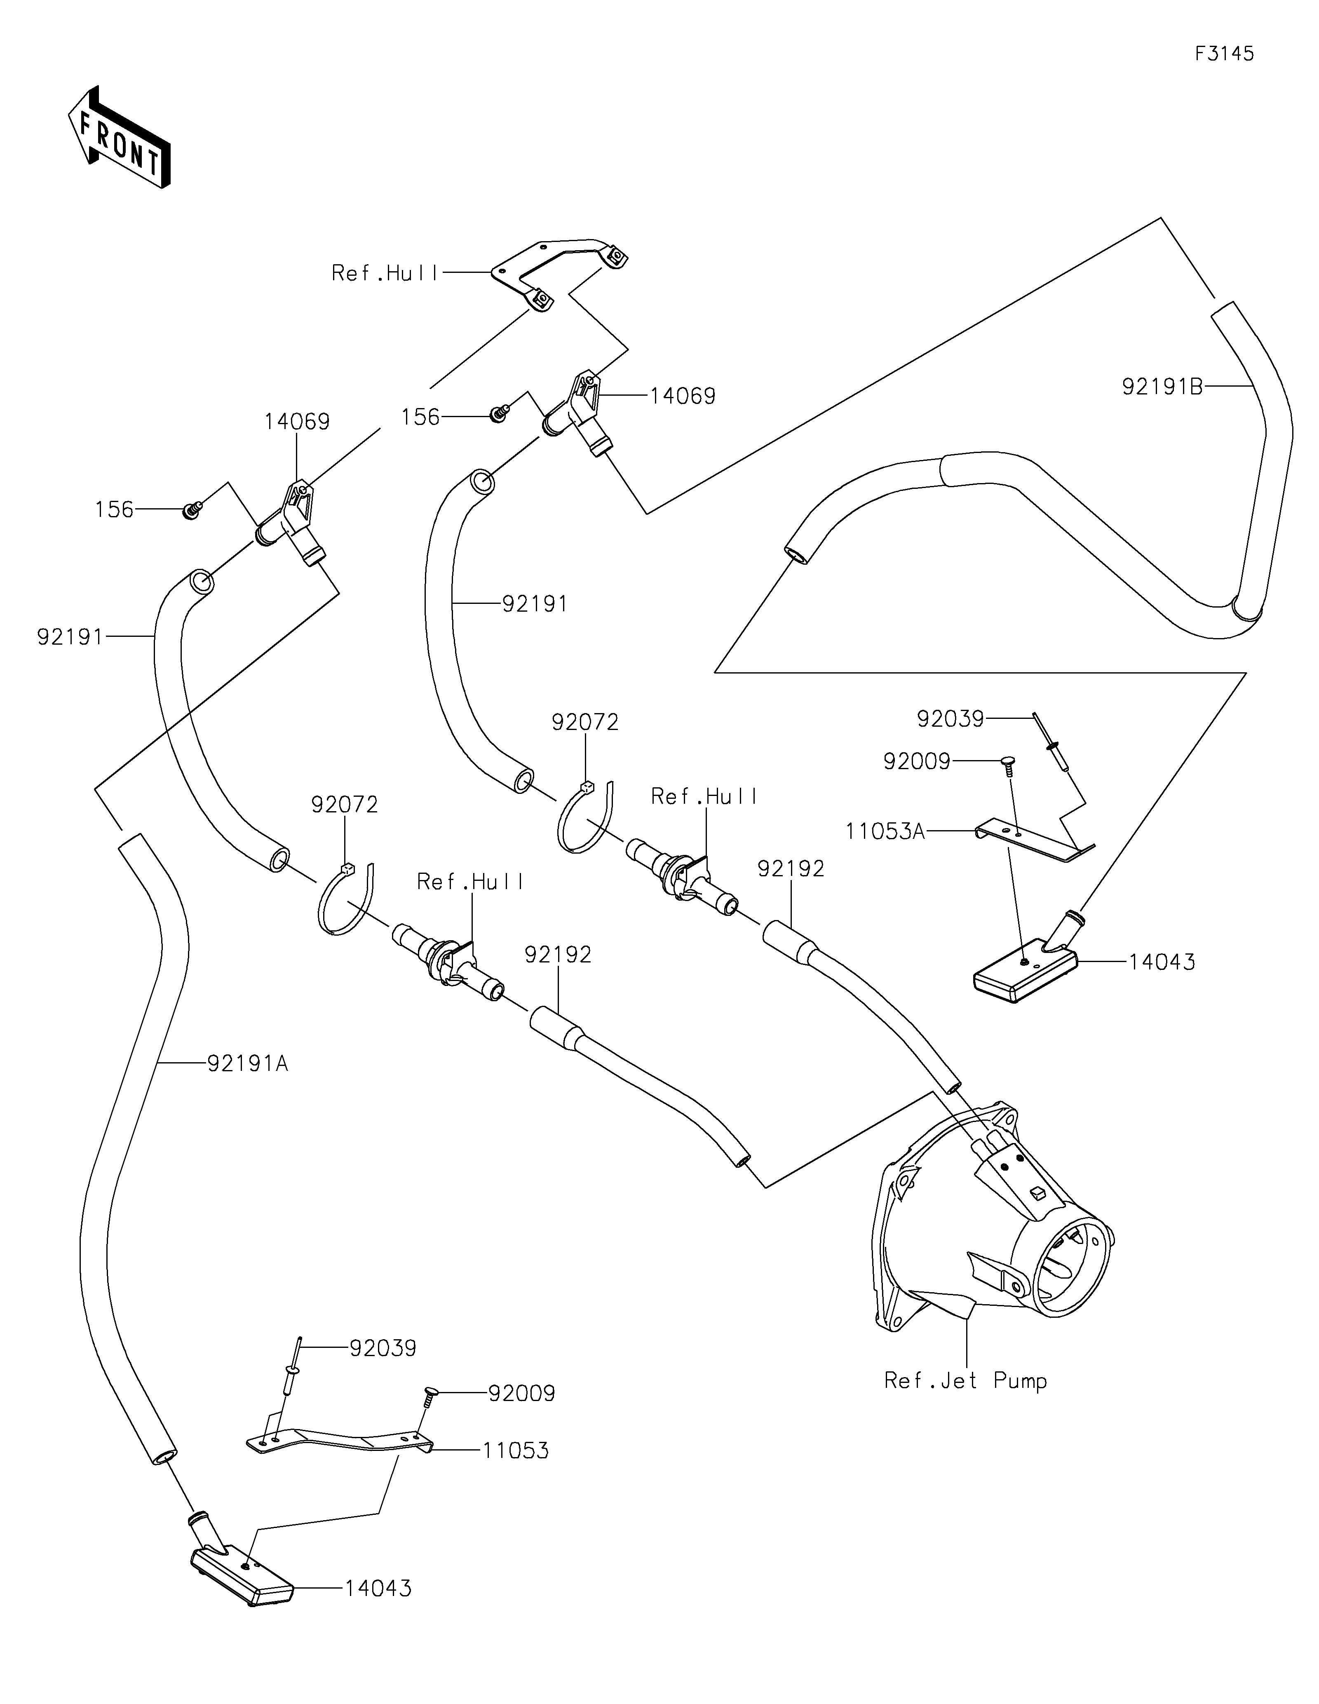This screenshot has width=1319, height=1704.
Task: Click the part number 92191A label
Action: [248, 1063]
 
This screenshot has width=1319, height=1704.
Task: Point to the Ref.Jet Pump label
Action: [965, 1381]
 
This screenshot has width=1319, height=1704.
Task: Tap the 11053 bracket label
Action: [516, 1451]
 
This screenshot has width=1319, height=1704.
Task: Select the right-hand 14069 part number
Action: [683, 397]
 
